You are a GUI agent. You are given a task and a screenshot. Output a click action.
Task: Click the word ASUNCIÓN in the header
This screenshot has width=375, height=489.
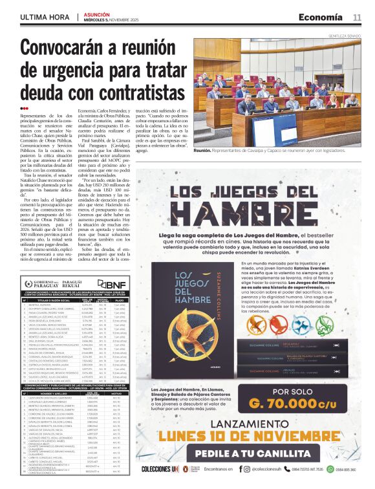click(97, 14)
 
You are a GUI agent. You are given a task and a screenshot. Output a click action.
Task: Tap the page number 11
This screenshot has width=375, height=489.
click(357, 17)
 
